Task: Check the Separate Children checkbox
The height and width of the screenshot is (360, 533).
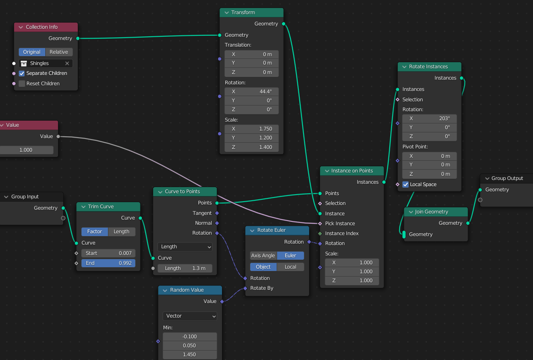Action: (x=22, y=74)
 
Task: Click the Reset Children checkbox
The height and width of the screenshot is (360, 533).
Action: (x=22, y=84)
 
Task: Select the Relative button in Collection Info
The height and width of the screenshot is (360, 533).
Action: (x=59, y=52)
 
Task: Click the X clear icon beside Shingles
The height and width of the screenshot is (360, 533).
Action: (x=67, y=63)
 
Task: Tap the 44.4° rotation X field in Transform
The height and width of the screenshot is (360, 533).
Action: (x=252, y=91)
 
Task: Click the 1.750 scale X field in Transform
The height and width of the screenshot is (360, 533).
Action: (x=252, y=129)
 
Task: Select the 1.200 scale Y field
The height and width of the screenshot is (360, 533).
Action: (x=252, y=138)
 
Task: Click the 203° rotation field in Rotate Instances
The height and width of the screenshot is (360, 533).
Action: (x=429, y=119)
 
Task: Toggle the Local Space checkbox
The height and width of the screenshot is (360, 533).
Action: (x=405, y=185)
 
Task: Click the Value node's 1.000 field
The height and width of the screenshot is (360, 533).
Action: (x=26, y=150)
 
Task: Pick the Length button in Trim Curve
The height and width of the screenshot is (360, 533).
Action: (x=122, y=232)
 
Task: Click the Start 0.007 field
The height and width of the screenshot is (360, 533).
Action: (x=108, y=253)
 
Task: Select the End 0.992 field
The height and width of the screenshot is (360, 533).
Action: (x=108, y=263)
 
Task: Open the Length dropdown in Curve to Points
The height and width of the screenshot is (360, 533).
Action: (x=185, y=246)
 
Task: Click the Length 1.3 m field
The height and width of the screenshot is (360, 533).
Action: (x=185, y=268)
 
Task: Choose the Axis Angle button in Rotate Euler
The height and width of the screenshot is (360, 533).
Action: (x=263, y=255)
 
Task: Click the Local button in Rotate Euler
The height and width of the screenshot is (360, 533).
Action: (x=290, y=267)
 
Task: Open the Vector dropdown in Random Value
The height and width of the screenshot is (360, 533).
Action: (x=190, y=316)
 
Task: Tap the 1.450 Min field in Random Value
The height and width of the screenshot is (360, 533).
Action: (x=190, y=354)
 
